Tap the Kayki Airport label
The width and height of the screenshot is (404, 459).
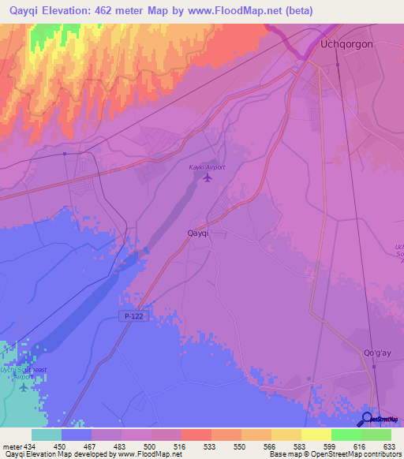click(x=207, y=167)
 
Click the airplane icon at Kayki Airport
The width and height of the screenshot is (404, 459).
click(x=208, y=177)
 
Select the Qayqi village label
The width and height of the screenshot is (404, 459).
click(x=196, y=233)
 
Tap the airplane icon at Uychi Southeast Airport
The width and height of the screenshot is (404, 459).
click(x=23, y=386)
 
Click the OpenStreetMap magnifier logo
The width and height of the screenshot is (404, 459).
click(x=368, y=419)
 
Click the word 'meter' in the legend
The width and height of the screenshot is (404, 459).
click(x=11, y=446)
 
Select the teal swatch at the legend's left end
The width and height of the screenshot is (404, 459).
click(x=46, y=435)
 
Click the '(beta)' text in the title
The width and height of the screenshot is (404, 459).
click(x=299, y=11)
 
